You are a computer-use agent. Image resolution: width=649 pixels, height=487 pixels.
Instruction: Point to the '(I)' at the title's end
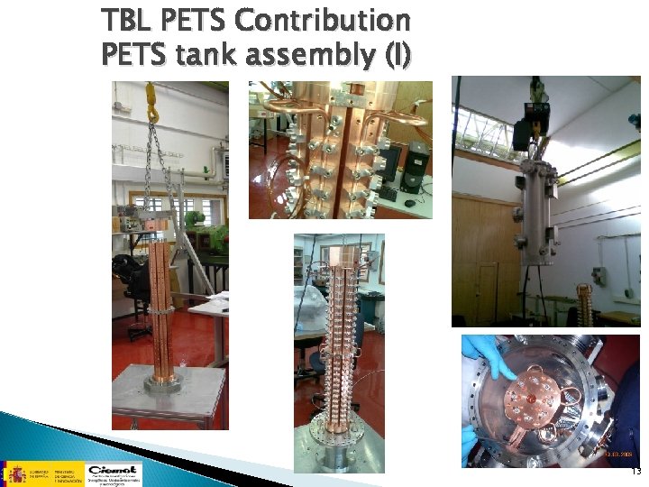pos(397,56)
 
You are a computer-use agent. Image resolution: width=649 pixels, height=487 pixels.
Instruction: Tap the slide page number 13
pos(635,472)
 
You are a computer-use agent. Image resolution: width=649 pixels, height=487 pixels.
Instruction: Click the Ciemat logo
pos(113,473)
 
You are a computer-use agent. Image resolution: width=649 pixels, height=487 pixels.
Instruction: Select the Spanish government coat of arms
pos(16,473)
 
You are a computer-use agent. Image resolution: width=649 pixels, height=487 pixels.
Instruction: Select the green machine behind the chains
pos(191,222)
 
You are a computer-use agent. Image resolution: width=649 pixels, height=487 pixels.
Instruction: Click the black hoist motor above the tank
pos(522,132)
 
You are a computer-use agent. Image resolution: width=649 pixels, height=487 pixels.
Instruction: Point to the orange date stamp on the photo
pos(622,457)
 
